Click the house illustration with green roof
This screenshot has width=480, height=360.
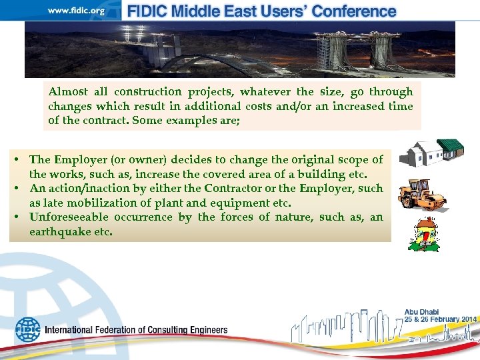pyautogui.click(x=431, y=153)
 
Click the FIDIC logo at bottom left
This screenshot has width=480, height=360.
pyautogui.click(x=27, y=329)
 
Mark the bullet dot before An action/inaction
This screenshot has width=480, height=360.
pyautogui.click(x=20, y=189)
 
